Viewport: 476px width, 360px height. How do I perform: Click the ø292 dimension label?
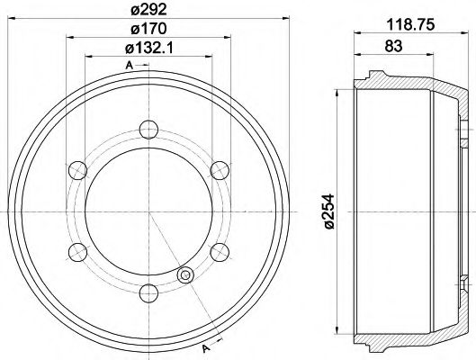tap(149, 12)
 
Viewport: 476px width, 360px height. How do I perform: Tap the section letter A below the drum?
tap(204, 349)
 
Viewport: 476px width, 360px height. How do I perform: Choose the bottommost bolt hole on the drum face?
tap(148, 290)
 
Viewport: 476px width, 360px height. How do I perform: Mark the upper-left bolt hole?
tap(79, 168)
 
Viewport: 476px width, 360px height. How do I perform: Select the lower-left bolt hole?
tap(79, 249)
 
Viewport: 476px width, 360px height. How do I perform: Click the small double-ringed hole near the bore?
tap(186, 275)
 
